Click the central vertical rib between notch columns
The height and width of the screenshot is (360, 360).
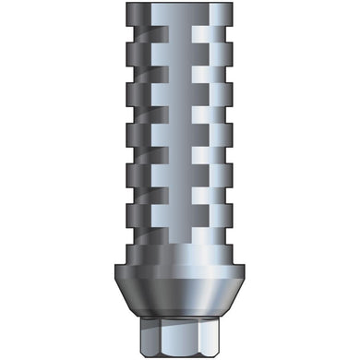coord(180,138)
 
